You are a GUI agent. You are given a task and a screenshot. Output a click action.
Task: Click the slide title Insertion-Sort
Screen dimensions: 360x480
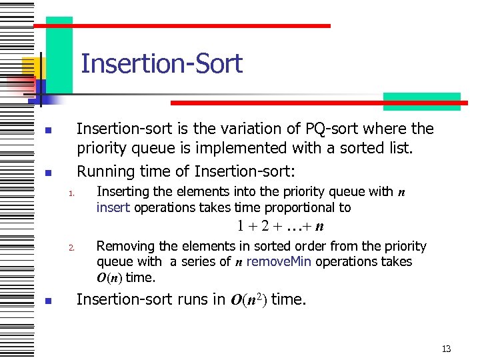161,64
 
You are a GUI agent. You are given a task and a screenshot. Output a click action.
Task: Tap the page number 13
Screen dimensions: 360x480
446,349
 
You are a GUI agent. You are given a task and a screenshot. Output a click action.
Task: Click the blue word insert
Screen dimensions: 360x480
113,207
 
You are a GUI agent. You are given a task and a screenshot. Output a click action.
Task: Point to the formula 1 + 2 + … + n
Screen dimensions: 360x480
279,226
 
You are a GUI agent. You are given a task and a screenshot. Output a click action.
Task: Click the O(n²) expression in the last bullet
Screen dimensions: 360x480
249,300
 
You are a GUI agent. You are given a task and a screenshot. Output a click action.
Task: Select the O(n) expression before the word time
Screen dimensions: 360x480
109,277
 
